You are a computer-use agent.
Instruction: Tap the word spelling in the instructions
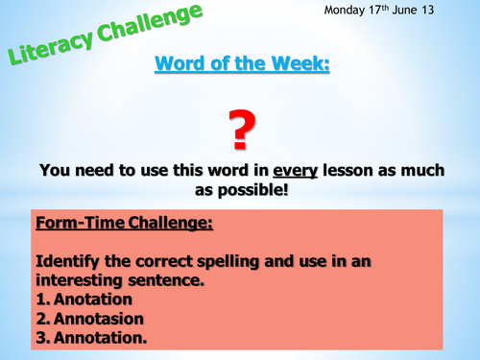[231, 259]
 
